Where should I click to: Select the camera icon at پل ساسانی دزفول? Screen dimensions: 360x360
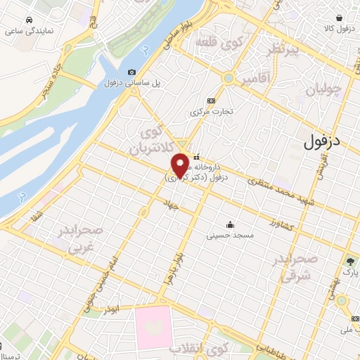(x=131, y=72)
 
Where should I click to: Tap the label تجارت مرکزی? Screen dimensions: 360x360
(x=212, y=111)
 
